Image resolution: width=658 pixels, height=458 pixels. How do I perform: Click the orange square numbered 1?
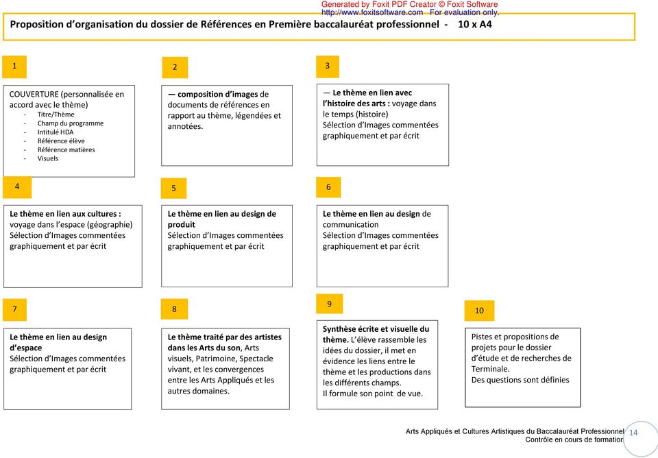15,67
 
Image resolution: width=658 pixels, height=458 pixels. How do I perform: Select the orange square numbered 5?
174,189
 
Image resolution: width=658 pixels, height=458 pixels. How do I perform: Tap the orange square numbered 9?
329,304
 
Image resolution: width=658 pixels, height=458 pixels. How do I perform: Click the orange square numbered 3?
328,66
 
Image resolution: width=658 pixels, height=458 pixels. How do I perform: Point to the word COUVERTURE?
34,95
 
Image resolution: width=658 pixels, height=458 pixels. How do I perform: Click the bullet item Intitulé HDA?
56,132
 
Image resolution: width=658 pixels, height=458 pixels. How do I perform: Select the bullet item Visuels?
48,158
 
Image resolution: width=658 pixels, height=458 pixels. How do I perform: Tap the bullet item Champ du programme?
71,123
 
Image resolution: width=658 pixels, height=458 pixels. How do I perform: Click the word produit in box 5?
182,225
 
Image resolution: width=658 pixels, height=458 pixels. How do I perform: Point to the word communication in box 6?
350,225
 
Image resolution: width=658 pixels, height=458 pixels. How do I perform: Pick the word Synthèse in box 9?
341,329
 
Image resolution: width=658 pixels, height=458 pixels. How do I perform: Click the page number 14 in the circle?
633,433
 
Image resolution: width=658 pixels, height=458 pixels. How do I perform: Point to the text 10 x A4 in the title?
474,24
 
